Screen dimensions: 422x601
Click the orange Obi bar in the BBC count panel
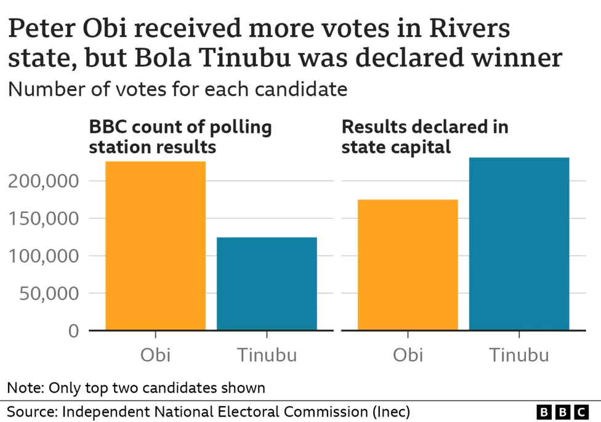[155, 245]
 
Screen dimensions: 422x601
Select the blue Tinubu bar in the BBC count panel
[267, 284]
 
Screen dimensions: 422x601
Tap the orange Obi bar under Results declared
[408, 265]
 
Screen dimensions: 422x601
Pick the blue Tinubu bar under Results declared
[519, 244]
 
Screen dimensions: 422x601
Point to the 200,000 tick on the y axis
[45, 181]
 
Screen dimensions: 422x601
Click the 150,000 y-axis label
[45, 219]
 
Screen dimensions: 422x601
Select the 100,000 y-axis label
[45, 257]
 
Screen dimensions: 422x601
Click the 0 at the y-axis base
[73, 332]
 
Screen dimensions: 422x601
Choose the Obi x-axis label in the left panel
[155, 355]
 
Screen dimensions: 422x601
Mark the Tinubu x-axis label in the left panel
[267, 355]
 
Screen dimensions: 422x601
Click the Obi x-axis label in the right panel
[408, 355]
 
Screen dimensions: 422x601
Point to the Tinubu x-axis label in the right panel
[519, 355]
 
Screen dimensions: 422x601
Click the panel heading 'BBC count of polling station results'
[180, 137]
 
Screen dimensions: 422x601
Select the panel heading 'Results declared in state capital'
[425, 137]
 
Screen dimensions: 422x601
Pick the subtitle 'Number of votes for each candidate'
[177, 89]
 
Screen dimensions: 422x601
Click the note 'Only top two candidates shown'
[136, 388]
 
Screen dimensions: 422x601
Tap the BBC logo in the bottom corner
[562, 412]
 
